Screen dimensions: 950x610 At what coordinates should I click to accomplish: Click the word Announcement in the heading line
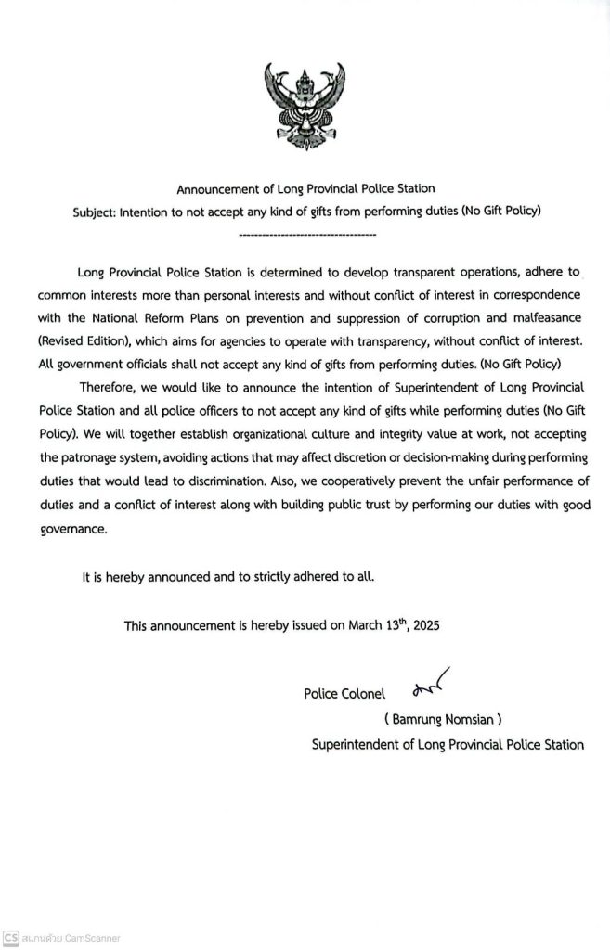click(214, 190)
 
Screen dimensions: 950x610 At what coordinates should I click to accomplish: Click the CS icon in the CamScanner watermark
click(11, 938)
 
